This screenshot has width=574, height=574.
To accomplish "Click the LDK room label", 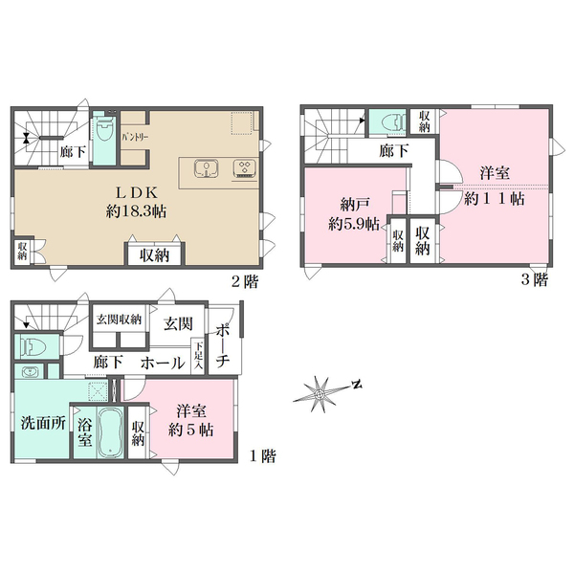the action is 137,192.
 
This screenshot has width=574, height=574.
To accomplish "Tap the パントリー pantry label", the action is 135,138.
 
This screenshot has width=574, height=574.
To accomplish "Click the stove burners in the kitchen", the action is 245,169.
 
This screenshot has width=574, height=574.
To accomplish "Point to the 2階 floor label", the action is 245,281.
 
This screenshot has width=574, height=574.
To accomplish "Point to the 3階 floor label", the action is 535,280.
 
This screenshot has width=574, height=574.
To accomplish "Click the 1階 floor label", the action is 263,456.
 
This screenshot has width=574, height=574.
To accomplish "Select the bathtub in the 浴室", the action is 112,431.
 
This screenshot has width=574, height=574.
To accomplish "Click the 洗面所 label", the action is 43,423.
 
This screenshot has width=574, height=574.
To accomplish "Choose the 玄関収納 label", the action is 119,320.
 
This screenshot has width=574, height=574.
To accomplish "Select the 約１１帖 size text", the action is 495,199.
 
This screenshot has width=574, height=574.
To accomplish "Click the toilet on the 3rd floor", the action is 393,121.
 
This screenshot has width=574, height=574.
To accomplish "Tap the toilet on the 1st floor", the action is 31,346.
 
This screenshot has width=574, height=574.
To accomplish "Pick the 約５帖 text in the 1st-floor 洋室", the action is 190,430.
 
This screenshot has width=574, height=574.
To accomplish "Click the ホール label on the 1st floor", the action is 163,364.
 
